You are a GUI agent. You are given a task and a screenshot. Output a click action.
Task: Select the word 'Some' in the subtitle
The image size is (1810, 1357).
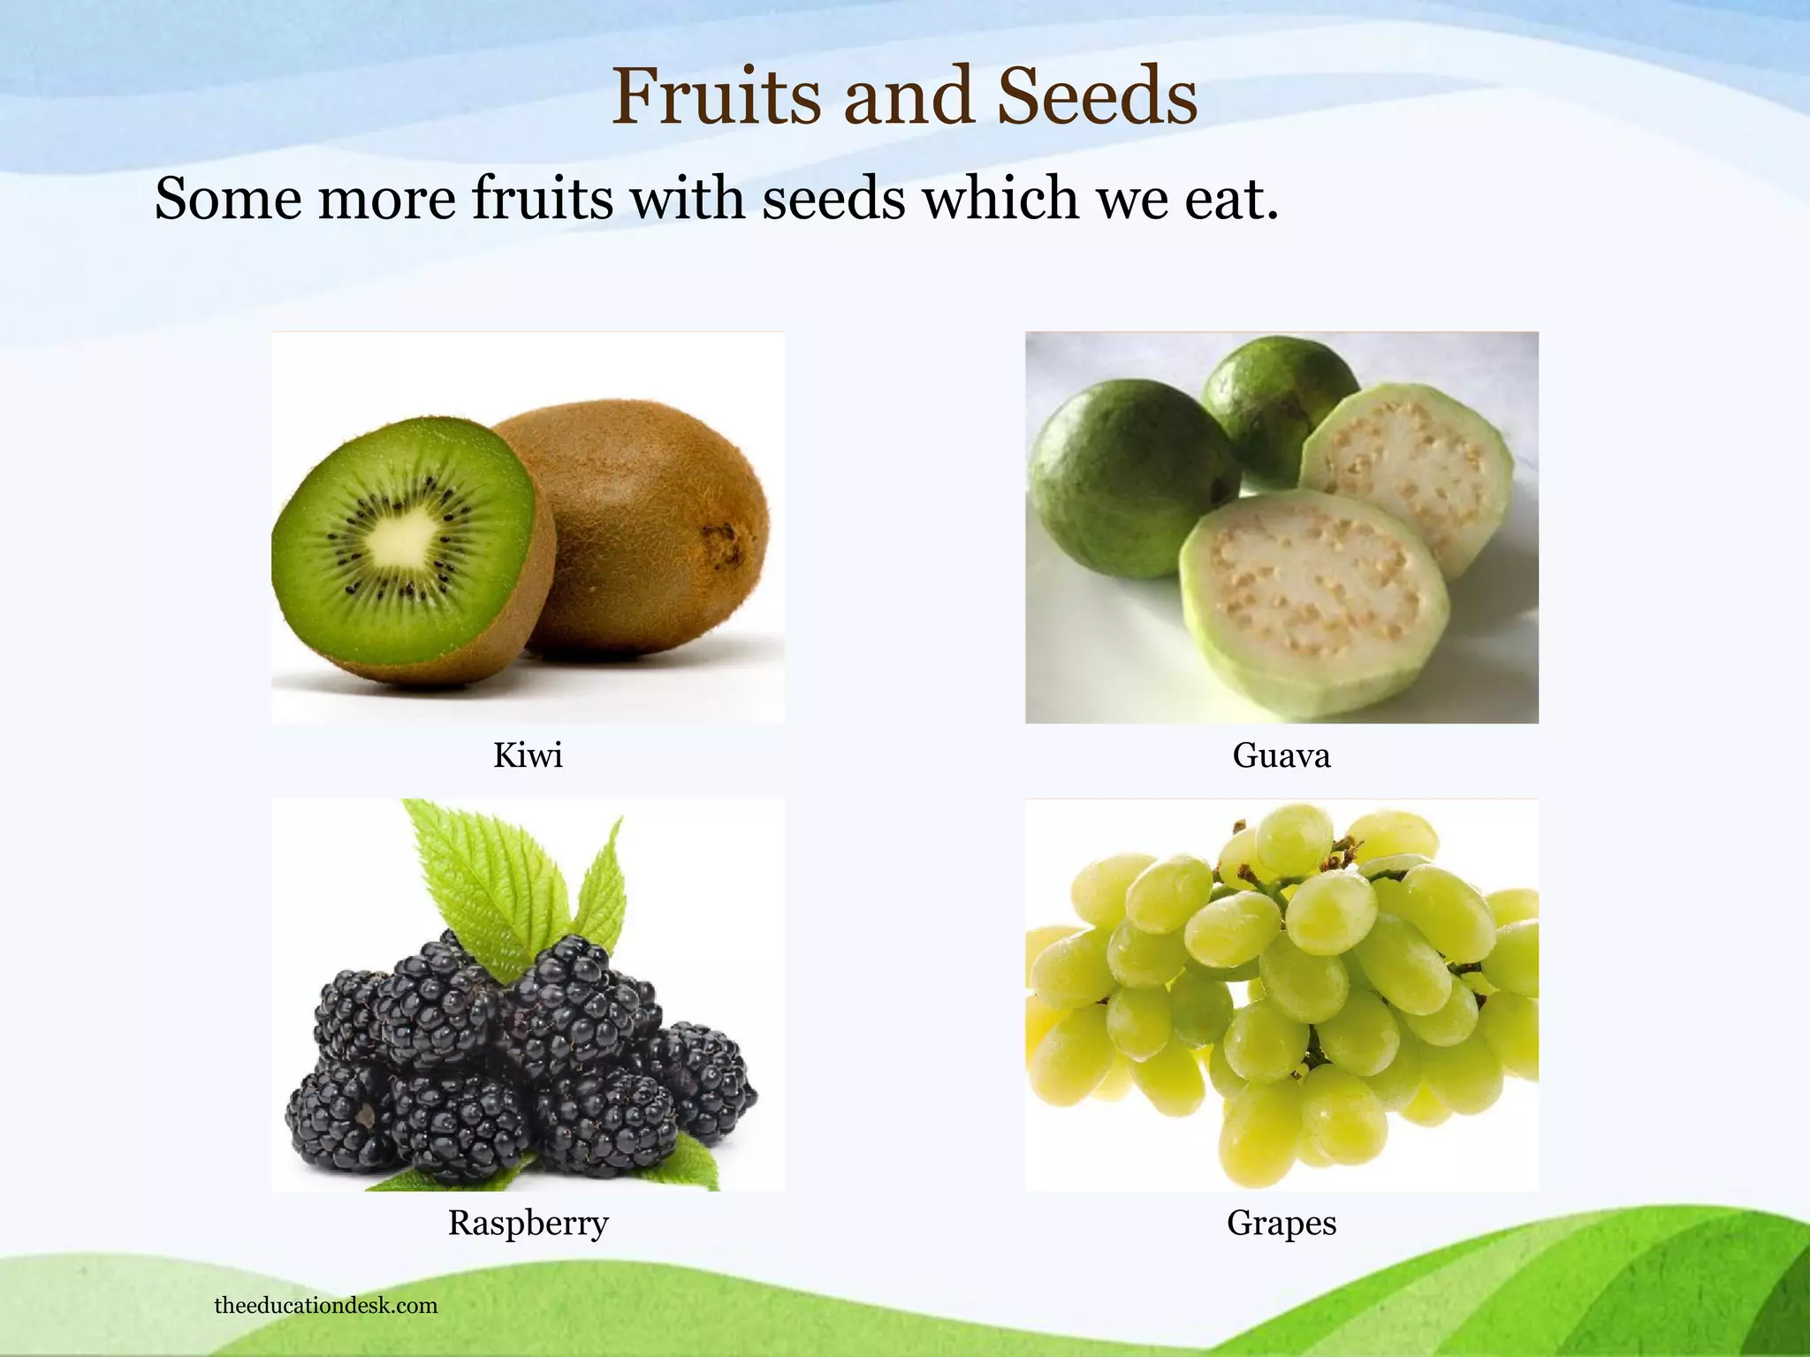point(228,199)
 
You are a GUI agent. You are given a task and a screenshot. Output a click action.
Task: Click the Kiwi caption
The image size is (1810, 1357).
point(528,756)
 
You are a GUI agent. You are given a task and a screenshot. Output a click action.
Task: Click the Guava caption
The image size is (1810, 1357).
point(1281,756)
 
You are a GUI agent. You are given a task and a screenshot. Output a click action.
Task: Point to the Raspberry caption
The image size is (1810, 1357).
point(528,1224)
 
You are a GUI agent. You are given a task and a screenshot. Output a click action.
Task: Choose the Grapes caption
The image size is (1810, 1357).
point(1281,1224)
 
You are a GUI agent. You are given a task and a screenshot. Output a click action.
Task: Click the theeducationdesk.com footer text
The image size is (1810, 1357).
point(325,1306)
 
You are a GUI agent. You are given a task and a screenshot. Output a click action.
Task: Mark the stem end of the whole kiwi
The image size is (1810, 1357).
point(720,535)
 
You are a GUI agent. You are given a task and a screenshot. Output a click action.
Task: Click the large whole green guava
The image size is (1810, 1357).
point(1127,477)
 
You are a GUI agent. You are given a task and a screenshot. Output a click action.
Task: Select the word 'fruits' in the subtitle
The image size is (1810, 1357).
point(542,199)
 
